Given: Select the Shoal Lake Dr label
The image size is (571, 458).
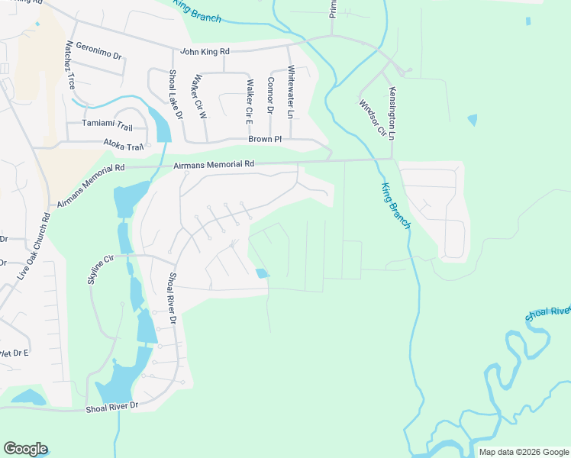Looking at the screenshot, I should coord(176,94).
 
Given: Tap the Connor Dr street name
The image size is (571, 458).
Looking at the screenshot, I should coord(270,95).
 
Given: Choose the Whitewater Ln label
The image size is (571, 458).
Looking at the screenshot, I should coord(290,91).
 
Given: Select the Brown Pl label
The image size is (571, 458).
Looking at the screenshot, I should coord(265,140).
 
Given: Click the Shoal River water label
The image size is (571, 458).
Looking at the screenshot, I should coord(548,312).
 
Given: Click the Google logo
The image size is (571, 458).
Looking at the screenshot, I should coord(25,449).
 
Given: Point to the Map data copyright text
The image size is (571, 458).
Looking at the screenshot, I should coord(522,452).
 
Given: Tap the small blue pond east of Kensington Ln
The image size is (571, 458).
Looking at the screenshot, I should coord(473,120).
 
